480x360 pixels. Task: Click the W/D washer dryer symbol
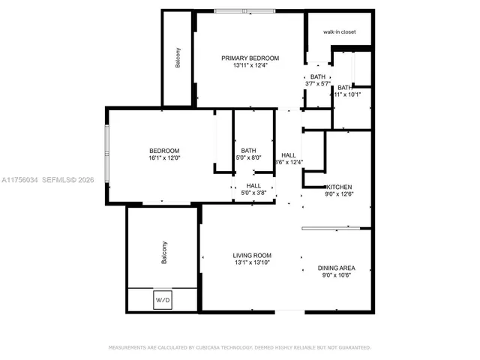[x=163, y=299]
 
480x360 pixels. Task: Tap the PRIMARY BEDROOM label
[x=250, y=58]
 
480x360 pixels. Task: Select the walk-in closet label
[x=338, y=32]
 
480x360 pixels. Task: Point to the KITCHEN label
[x=338, y=187]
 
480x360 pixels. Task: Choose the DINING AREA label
[x=336, y=268]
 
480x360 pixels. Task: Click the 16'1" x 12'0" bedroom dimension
[x=164, y=158]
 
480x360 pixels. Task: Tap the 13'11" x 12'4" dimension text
[x=250, y=65]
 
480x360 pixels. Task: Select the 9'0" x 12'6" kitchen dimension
[x=338, y=194]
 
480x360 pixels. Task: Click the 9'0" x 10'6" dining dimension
[x=336, y=275]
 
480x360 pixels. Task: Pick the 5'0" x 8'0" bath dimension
[x=249, y=157]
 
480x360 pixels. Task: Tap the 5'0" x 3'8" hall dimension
[x=253, y=193]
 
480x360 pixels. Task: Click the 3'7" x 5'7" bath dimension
[x=318, y=83]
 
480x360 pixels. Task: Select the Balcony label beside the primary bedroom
[x=178, y=58]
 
